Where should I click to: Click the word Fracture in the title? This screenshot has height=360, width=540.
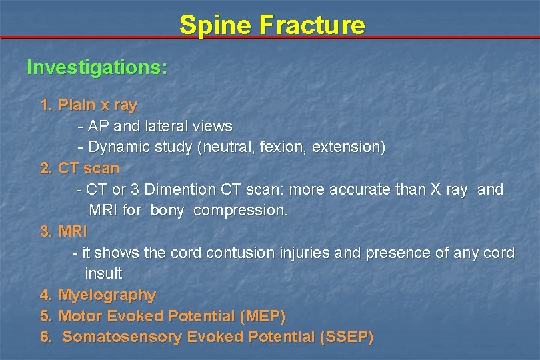312,25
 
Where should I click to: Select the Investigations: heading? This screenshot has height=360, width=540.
97,67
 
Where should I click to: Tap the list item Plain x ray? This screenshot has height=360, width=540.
97,105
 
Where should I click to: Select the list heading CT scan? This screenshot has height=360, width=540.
89,168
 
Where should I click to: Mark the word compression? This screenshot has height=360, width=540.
241,210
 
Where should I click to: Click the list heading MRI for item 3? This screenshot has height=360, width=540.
73,231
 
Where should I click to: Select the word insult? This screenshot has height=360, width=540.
103,273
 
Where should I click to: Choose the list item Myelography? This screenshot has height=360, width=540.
107,295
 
